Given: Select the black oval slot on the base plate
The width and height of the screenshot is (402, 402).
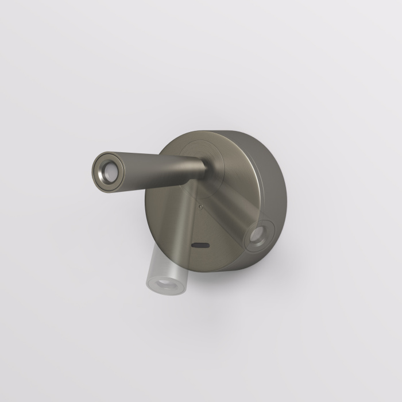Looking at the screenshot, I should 200,245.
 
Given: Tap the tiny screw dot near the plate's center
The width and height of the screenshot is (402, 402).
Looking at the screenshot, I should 199,204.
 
